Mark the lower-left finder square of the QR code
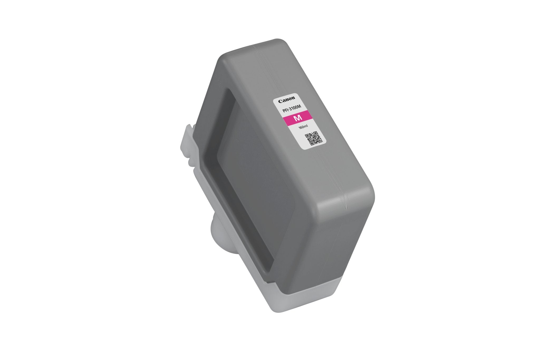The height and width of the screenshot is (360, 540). pyautogui.click(x=311, y=143)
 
